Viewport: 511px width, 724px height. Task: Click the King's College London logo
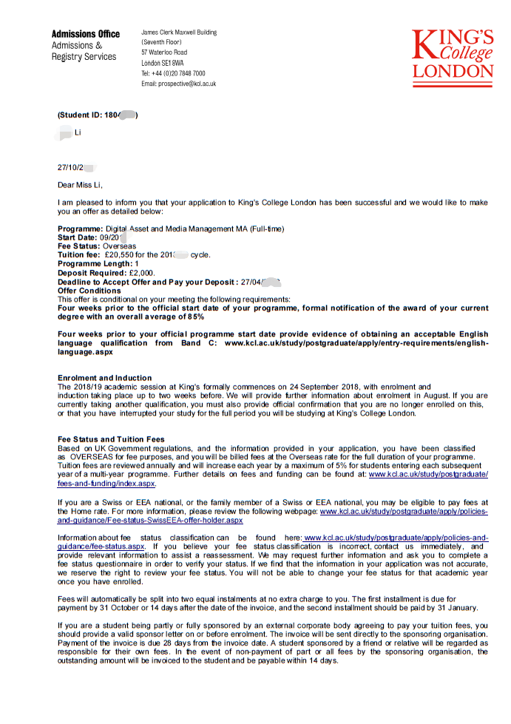click(452, 54)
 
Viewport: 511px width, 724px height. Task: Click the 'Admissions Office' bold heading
click(85, 34)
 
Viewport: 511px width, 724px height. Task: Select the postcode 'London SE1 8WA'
click(163, 64)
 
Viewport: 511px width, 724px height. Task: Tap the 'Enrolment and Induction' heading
click(104, 378)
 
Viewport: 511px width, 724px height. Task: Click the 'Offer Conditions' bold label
click(89, 291)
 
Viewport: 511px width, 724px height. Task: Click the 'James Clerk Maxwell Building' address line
click(179, 33)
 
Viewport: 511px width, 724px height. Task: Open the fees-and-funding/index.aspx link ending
click(106, 484)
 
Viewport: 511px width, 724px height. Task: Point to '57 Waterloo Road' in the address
click(164, 53)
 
